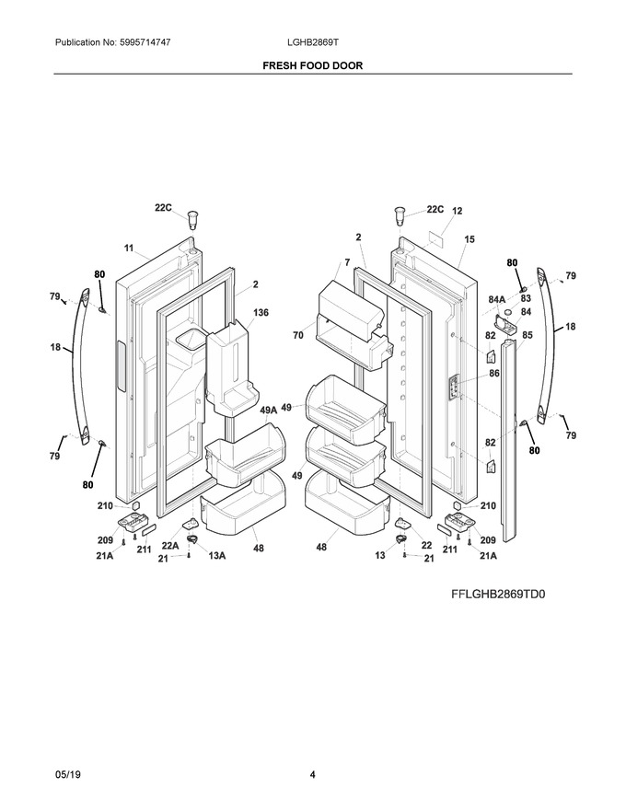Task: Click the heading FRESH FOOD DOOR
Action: click(312, 65)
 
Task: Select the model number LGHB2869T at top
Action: click(312, 42)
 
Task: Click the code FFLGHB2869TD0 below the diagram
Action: click(498, 594)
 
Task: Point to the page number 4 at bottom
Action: click(312, 775)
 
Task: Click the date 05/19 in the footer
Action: click(67, 775)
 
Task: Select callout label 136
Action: click(261, 313)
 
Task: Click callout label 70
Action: click(298, 335)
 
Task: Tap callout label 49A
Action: click(269, 410)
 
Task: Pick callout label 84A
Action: click(497, 299)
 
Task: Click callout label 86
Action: click(494, 373)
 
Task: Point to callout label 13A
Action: click(217, 555)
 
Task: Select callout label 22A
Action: click(170, 546)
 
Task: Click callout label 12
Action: click(458, 211)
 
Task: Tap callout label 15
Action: click(469, 239)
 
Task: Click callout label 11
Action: click(129, 248)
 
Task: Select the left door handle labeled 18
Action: click(81, 362)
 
